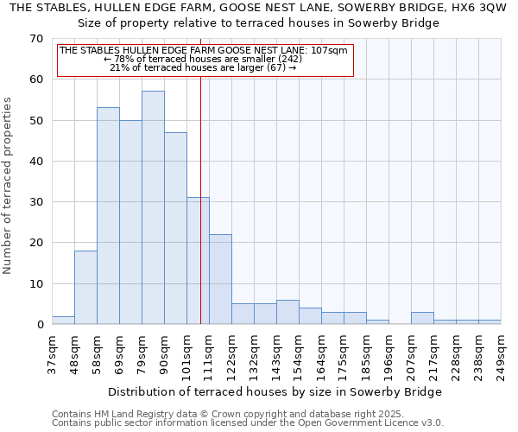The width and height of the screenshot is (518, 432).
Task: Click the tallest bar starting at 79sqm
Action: tap(153, 207)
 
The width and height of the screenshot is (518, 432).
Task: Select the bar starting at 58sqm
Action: tap(108, 216)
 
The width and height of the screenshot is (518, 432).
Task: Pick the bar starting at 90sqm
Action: tap(175, 228)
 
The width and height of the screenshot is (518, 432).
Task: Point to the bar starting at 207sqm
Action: tap(422, 318)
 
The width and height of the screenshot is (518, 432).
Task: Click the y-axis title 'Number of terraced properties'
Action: tap(9, 185)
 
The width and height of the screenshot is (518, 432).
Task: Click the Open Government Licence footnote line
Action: tap(248, 423)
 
